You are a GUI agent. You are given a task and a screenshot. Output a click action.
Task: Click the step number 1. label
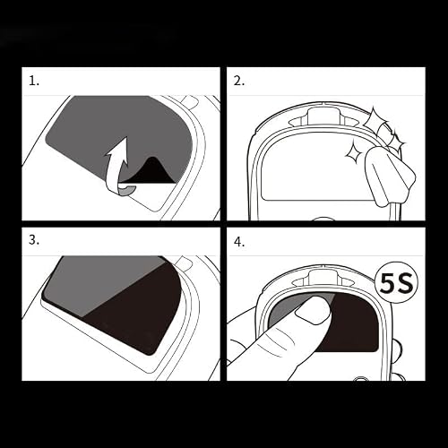pos(34,81)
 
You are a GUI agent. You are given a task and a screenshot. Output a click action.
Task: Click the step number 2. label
pos(239,81)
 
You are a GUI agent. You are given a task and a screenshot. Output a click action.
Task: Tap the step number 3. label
pos(34,240)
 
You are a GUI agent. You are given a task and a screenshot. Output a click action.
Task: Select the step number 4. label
pos(239,242)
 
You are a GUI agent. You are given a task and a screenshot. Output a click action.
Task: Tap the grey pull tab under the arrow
pos(127,191)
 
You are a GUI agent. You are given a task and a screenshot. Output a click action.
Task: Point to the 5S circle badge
pos(397,284)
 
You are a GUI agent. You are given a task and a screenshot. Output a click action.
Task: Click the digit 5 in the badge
pos(387,284)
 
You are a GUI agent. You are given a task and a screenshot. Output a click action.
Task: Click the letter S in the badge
pos(405,284)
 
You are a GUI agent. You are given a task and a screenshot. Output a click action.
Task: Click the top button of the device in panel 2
pos(323,116)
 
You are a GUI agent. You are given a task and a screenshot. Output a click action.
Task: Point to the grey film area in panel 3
pos(101,284)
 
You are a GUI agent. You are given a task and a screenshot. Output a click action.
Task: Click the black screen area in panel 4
pos(352,323)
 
